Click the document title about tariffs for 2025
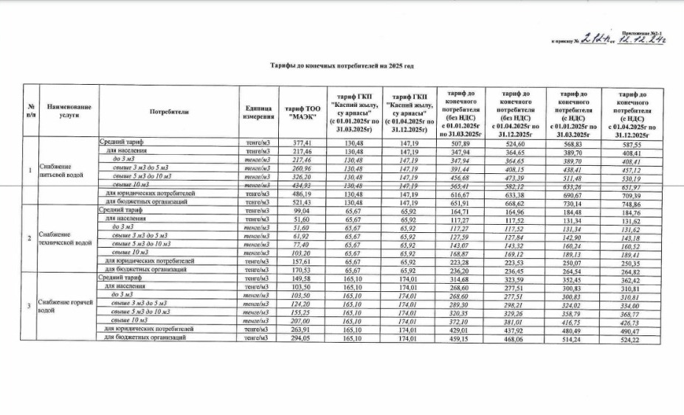[x=342, y=66]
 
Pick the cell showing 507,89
[x=459, y=143]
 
